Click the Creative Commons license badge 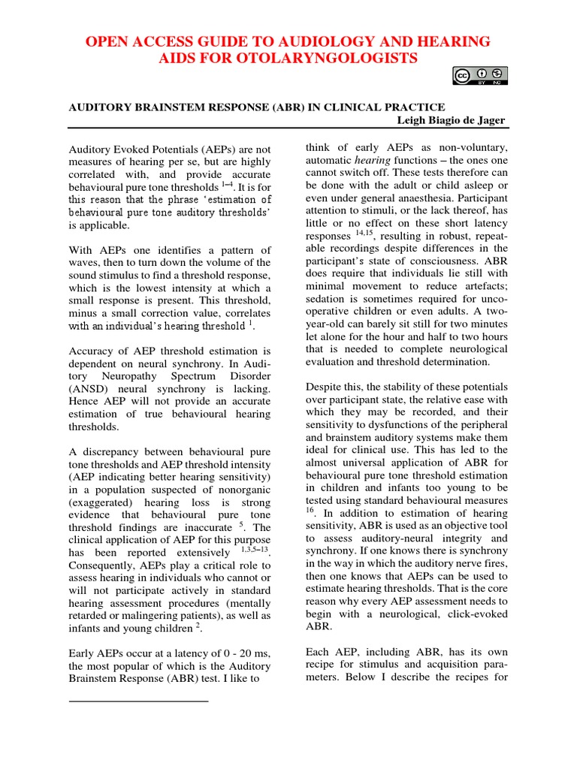pos(480,75)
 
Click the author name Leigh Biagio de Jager pos(449,121)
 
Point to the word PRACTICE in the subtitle pos(411,107)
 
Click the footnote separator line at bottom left pos(138,701)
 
